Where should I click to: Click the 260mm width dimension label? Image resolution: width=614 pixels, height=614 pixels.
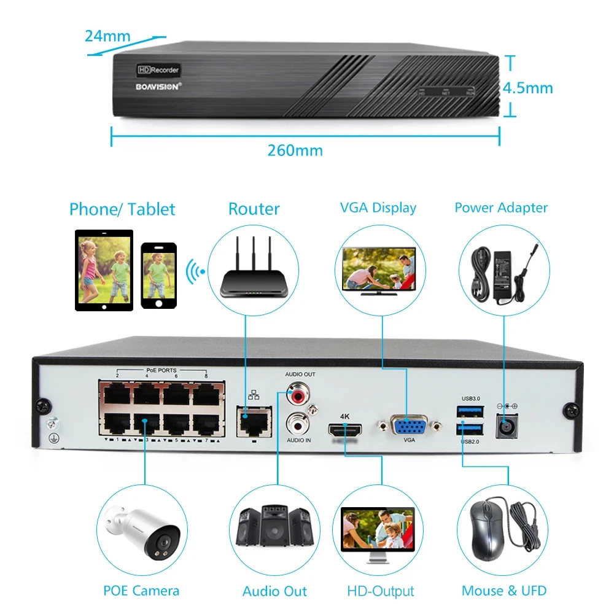coord(295,150)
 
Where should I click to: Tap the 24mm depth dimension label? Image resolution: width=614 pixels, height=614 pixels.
coord(107,36)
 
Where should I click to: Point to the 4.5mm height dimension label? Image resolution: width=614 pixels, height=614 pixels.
coord(528,88)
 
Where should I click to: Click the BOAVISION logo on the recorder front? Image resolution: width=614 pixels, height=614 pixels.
coord(157,87)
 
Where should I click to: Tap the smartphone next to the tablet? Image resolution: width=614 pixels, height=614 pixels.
coord(158,275)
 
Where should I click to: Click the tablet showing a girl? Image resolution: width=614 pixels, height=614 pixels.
coord(104,270)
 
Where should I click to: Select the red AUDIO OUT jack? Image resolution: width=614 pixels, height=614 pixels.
coord(297,392)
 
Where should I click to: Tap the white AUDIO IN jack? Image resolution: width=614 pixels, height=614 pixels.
coord(297,423)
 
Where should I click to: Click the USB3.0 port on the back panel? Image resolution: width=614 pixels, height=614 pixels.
coord(470,410)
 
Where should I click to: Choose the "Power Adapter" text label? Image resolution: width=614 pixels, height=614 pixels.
coord(501,208)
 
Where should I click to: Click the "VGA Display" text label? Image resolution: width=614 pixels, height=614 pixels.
coord(378,208)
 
